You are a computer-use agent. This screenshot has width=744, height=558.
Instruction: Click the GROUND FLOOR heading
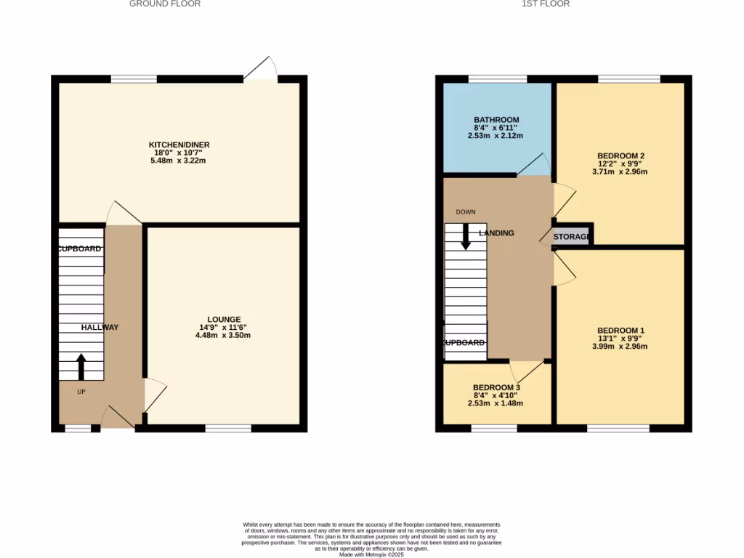(165, 4)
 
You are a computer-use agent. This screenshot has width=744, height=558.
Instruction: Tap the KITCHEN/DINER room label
(179, 145)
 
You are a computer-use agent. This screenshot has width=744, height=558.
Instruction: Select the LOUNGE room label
(223, 320)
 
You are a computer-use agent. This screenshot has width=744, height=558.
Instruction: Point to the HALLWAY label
(100, 328)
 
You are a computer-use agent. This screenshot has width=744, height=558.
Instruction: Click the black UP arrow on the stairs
(81, 367)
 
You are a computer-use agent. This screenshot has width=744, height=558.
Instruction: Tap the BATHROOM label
(496, 120)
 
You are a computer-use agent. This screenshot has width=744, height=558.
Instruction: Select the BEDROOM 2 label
(621, 156)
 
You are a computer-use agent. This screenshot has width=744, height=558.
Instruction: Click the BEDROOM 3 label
(496, 388)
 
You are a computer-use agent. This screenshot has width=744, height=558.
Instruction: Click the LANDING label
(497, 233)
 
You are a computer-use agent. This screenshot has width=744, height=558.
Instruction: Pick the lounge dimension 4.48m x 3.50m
(223, 336)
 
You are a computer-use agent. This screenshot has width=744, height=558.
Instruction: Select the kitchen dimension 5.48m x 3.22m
(179, 161)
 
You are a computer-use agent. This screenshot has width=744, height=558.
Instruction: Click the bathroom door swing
(536, 166)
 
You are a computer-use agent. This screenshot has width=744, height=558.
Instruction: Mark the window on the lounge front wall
(228, 429)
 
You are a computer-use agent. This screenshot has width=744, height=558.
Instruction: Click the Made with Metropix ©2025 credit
(371, 554)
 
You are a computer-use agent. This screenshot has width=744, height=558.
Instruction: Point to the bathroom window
(498, 78)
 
